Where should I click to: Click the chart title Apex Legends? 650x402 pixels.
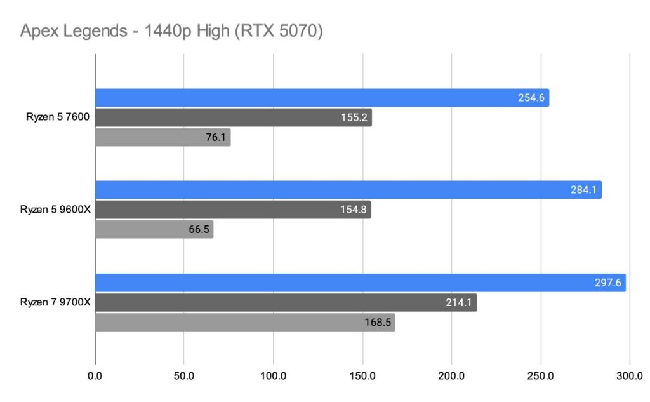click(x=172, y=32)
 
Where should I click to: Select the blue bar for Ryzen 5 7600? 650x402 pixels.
click(x=322, y=98)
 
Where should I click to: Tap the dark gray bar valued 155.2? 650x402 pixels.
click(x=233, y=117)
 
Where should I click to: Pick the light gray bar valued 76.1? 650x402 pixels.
click(x=162, y=137)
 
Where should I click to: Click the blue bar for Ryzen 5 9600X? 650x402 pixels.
click(x=348, y=190)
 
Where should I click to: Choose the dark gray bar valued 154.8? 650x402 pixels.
click(x=233, y=210)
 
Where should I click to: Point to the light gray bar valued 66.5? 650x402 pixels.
click(x=154, y=229)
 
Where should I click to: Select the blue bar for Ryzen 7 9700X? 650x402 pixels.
click(x=360, y=283)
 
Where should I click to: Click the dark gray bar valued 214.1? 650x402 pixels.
click(x=286, y=302)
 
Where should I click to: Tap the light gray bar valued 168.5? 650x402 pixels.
click(x=245, y=322)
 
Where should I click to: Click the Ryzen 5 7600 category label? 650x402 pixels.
click(x=56, y=117)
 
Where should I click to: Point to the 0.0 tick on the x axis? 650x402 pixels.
click(x=95, y=375)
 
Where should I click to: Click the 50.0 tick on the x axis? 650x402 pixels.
click(x=184, y=375)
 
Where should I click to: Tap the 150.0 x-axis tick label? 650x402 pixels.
click(x=362, y=375)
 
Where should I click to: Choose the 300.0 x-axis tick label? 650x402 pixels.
click(x=630, y=375)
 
